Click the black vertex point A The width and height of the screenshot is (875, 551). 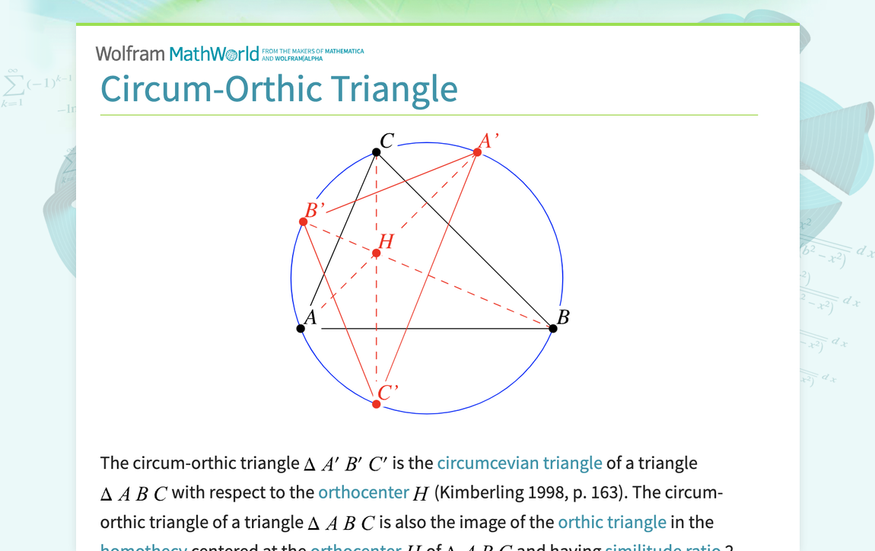pos(301,329)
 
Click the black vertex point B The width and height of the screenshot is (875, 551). pos(553,329)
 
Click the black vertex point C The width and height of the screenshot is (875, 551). pos(377,152)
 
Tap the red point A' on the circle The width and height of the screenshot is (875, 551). pos(477,152)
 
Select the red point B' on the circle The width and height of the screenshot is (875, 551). pos(304,221)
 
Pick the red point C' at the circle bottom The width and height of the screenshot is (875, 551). pos(377,404)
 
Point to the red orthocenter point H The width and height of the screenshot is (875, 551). pos(377,253)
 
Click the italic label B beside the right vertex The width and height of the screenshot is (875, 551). pos(563,317)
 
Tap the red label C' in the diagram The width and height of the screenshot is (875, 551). pos(388,392)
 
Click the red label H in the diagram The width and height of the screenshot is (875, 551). pos(387,241)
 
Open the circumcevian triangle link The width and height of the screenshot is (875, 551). pos(520,463)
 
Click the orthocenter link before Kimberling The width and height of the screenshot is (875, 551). pos(364,492)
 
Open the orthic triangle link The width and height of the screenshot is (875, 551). pos(612,522)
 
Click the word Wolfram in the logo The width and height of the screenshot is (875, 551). pos(130,53)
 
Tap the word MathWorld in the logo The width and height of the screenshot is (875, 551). pos(215,53)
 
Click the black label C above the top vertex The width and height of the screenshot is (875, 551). pos(387,141)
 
